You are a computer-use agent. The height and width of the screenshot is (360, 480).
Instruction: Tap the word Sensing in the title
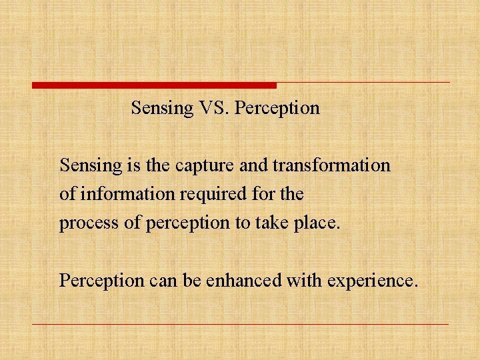161,108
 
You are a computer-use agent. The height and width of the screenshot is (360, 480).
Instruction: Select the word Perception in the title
278,108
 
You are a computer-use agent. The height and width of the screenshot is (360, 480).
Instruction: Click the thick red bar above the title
154,85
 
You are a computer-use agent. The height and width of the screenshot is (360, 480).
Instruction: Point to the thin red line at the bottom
240,325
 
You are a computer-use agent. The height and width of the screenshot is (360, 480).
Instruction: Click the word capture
201,165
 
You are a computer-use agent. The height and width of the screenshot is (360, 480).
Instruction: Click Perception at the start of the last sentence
101,281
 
